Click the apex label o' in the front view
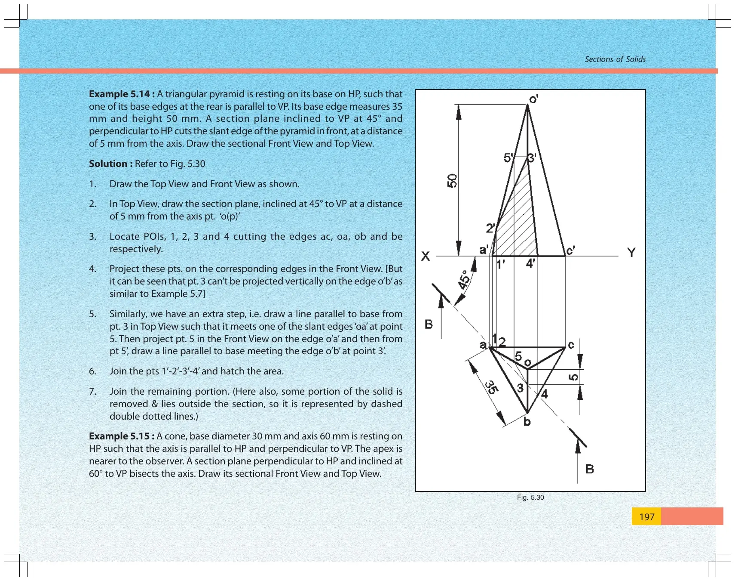point(533,99)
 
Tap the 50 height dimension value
point(452,181)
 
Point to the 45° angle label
point(464,280)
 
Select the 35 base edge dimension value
point(492,387)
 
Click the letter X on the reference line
point(426,256)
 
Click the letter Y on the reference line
point(631,253)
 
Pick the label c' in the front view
point(570,250)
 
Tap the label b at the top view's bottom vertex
point(527,422)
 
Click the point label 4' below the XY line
point(531,263)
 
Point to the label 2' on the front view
point(490,228)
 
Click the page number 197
point(646,517)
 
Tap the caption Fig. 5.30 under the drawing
point(530,498)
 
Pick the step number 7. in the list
point(93,392)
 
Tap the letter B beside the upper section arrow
point(429,324)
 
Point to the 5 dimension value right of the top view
point(573,377)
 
